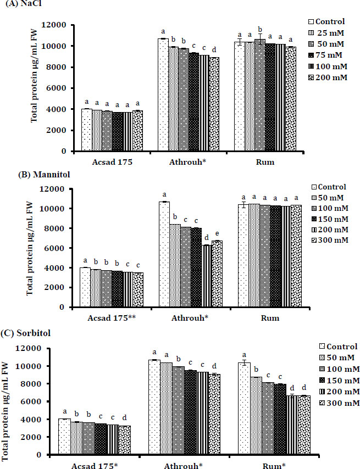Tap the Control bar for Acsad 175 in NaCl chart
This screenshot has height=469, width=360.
click(x=86, y=130)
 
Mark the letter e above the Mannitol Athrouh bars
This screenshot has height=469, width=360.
click(x=217, y=233)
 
